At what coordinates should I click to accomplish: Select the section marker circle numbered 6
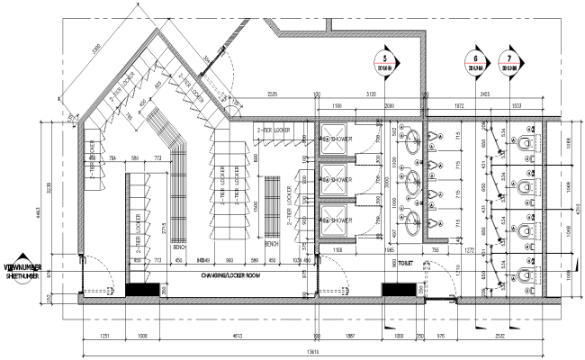pyautogui.click(x=474, y=63)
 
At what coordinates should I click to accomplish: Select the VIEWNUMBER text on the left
pyautogui.click(x=27, y=267)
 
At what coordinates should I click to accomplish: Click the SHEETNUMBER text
pyautogui.click(x=27, y=278)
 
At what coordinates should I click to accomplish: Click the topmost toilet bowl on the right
pyautogui.click(x=526, y=140)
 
